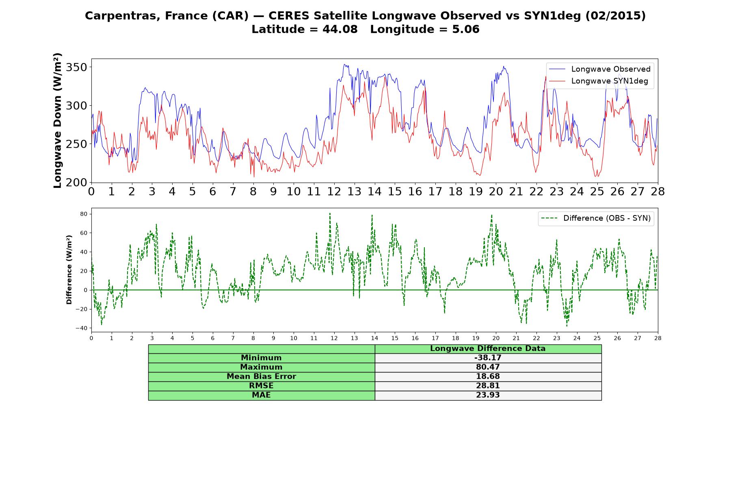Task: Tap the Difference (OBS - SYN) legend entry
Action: (x=596, y=218)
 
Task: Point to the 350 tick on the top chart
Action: (x=77, y=67)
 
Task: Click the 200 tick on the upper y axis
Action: (x=77, y=183)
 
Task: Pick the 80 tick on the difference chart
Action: (x=83, y=214)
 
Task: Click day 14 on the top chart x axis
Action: (x=374, y=192)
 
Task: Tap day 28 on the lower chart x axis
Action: (x=657, y=338)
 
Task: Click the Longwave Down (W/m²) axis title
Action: (x=58, y=120)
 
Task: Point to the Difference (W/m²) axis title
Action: (x=69, y=270)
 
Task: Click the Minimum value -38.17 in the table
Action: (x=488, y=358)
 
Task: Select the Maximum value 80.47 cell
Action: (x=488, y=367)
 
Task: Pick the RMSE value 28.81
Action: (x=488, y=386)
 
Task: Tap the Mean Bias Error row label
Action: (x=261, y=377)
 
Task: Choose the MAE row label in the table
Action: (x=261, y=395)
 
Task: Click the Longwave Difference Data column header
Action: (x=488, y=349)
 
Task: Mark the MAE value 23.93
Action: (x=488, y=395)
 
